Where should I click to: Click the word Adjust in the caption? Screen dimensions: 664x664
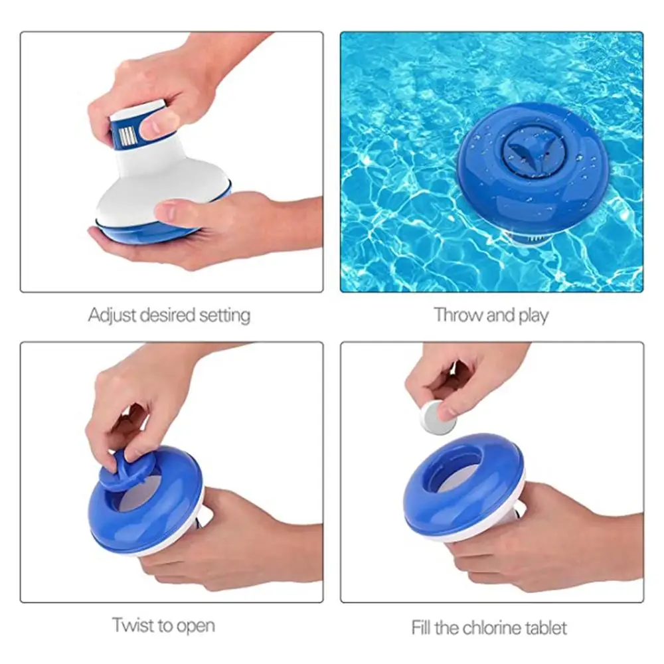[110, 314]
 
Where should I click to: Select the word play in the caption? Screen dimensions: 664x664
[533, 315]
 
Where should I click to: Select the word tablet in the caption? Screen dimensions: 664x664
[546, 627]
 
